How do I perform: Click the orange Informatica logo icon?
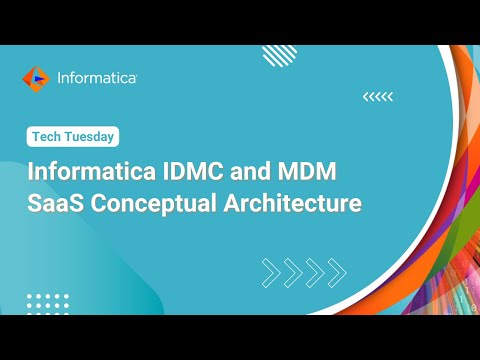(x=35, y=77)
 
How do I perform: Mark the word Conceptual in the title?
(x=158, y=204)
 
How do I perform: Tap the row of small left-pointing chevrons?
(x=377, y=97)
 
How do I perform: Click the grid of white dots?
(x=46, y=302)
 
